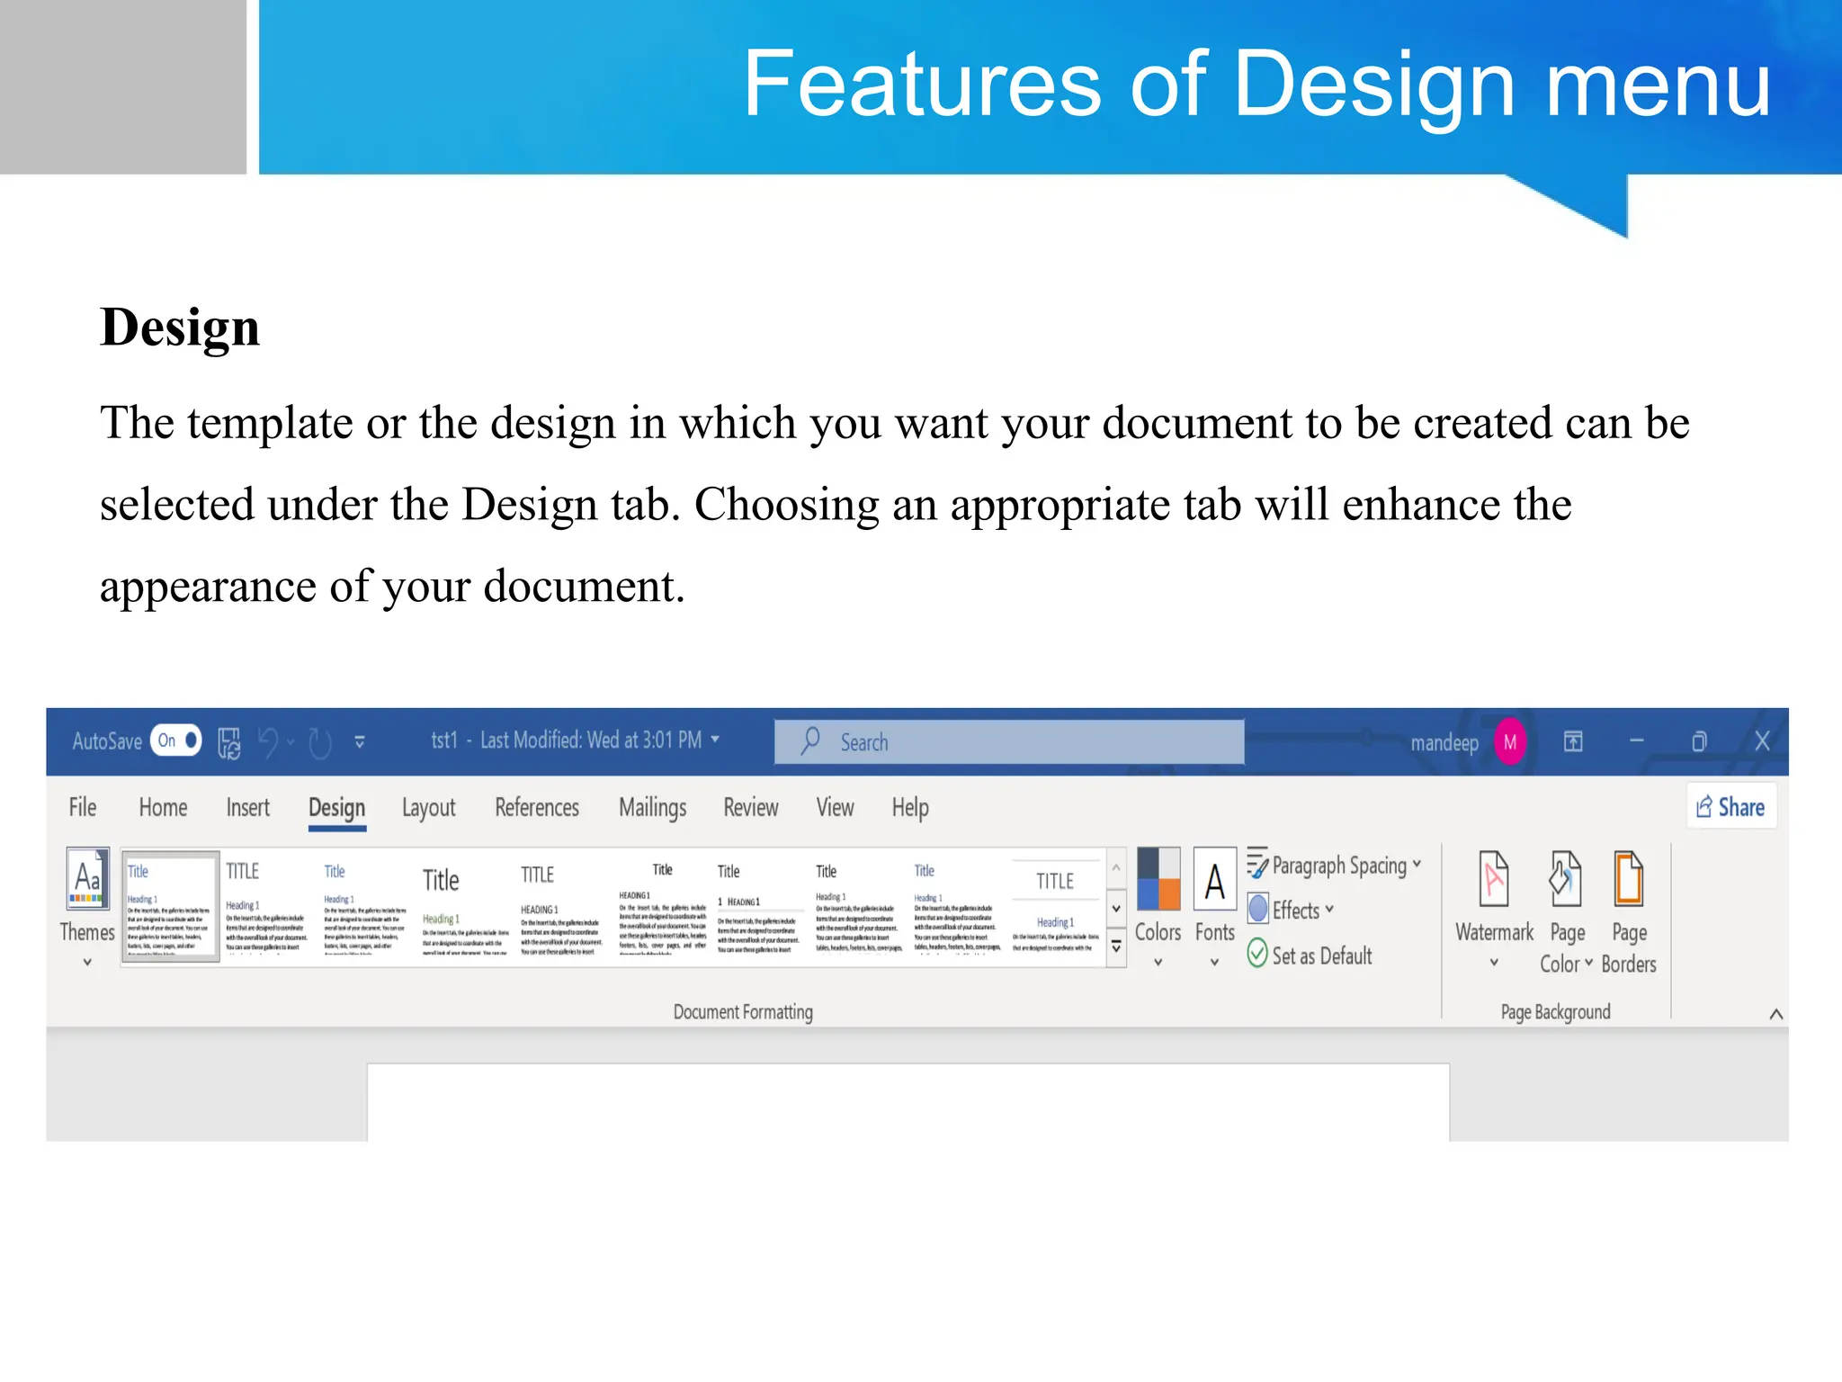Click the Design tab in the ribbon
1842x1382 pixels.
pyautogui.click(x=336, y=807)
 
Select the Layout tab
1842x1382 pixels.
pyautogui.click(x=428, y=807)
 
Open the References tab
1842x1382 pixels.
pyautogui.click(x=537, y=807)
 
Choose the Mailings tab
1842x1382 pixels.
pyautogui.click(x=652, y=807)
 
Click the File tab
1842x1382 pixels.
pyautogui.click(x=83, y=807)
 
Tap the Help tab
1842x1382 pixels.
pyautogui.click(x=910, y=807)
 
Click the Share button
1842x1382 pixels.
pyautogui.click(x=1730, y=807)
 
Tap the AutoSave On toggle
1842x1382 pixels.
pyautogui.click(x=176, y=740)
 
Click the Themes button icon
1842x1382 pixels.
pyautogui.click(x=88, y=879)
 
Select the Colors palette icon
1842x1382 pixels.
pyautogui.click(x=1158, y=879)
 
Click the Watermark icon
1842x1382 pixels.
pyautogui.click(x=1494, y=879)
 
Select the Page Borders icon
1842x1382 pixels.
pyautogui.click(x=1629, y=879)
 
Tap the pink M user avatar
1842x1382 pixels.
pyautogui.click(x=1510, y=742)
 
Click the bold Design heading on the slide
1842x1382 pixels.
pyautogui.click(x=180, y=328)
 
